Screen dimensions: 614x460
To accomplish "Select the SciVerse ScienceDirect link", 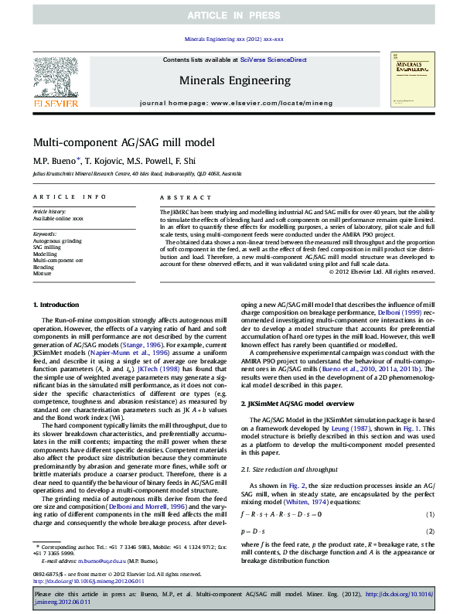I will click(x=273, y=60).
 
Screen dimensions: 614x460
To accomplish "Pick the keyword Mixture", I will click(x=42, y=273).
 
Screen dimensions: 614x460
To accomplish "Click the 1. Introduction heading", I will click(x=61, y=306).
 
